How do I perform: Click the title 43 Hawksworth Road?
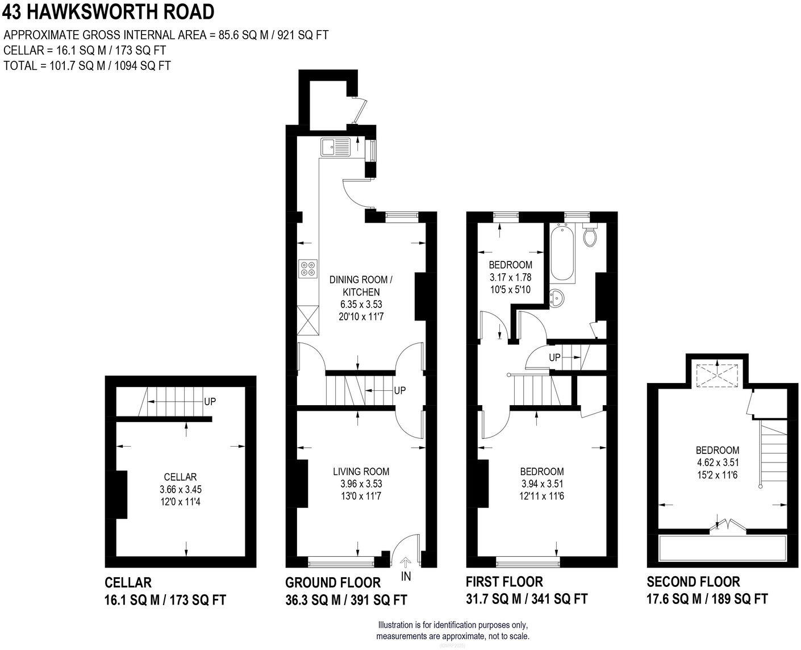(x=108, y=11)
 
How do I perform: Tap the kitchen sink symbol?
(x=336, y=147)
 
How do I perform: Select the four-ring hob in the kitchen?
(x=308, y=268)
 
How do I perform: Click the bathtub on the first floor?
(x=562, y=253)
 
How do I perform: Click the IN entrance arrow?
(x=406, y=563)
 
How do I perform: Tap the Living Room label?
(x=361, y=471)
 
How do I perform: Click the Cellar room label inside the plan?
(x=180, y=477)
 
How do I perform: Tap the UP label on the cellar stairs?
(x=210, y=402)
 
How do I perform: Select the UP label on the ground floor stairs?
(x=400, y=391)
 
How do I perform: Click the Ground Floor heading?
(x=333, y=582)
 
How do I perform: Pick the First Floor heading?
(x=504, y=582)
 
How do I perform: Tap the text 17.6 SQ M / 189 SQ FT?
(x=707, y=599)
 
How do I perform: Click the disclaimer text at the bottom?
(x=453, y=630)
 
